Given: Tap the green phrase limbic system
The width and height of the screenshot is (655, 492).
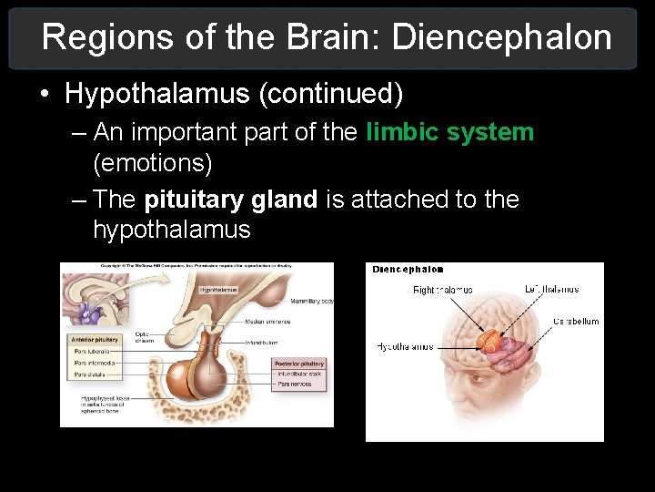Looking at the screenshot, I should (449, 133).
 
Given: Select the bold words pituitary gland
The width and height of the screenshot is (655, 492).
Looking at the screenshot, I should (231, 200).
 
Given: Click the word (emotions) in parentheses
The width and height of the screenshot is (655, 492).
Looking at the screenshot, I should (152, 164).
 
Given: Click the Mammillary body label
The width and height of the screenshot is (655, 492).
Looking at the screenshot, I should (311, 301).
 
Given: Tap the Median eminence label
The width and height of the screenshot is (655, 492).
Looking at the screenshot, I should (267, 322).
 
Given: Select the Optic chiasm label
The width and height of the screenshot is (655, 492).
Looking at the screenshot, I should (143, 336).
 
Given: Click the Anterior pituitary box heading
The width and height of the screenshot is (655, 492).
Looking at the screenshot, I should (94, 339).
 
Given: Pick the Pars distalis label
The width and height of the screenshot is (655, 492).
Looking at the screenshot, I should (89, 374).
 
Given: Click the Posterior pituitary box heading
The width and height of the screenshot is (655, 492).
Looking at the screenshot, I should (298, 364).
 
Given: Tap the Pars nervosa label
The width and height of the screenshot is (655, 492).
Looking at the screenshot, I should (294, 384).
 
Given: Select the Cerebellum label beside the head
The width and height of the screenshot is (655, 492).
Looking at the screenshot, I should (576, 322).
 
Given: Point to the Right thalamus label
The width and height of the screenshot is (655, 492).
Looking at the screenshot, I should (443, 290).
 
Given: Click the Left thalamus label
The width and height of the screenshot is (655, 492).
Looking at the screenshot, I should (551, 290).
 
